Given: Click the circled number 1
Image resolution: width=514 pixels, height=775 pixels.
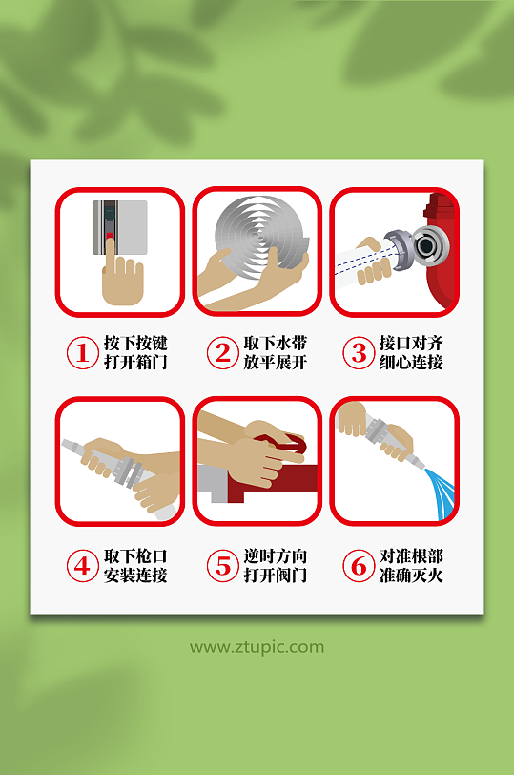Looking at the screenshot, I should (82, 353).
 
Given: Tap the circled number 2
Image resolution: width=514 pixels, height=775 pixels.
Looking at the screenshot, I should (222, 353).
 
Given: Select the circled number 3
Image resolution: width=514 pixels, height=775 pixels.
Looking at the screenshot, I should (359, 353).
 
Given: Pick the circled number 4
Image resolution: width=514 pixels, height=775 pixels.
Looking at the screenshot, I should (82, 566).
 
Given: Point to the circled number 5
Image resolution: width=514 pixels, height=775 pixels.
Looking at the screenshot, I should (222, 566).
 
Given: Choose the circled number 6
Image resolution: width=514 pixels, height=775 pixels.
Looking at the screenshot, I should (359, 566).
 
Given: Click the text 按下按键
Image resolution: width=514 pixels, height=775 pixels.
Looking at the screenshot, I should (135, 343).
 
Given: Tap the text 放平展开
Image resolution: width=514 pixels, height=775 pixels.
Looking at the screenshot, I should (276, 363).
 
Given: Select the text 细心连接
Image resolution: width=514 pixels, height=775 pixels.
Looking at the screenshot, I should (411, 363).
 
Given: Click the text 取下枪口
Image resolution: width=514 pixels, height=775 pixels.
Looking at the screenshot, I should (135, 555).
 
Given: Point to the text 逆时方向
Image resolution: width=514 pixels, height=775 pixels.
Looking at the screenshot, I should (276, 555).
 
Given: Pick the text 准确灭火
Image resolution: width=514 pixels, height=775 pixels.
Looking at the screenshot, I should (411, 576).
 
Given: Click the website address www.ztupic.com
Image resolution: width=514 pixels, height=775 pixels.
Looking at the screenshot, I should (257, 647).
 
